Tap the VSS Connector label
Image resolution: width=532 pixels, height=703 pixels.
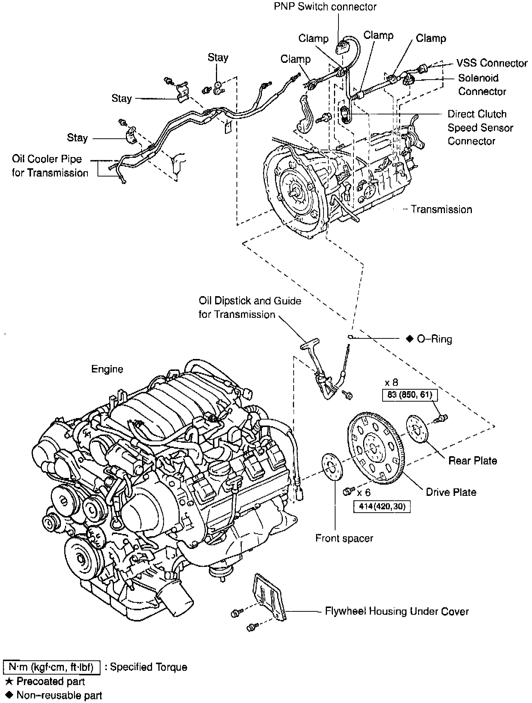[x=492, y=63]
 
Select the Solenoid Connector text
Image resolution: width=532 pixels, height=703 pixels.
[x=482, y=85]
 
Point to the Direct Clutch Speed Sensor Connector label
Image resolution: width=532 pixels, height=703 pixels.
[x=480, y=128]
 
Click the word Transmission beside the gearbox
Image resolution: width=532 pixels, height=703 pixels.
[x=441, y=209]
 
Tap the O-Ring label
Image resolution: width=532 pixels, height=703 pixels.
[x=434, y=339]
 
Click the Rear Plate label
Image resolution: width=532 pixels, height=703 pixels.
[x=473, y=461]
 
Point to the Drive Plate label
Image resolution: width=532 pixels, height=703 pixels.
[x=451, y=492]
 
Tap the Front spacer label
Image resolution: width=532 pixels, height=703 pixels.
[x=344, y=538]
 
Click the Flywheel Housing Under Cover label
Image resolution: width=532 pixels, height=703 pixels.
[x=397, y=611]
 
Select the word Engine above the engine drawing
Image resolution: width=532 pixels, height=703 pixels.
[x=107, y=369]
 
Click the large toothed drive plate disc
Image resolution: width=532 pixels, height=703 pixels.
[x=374, y=448]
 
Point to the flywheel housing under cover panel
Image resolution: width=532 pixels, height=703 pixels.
[x=268, y=595]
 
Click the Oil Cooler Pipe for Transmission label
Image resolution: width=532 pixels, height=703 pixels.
[x=50, y=166]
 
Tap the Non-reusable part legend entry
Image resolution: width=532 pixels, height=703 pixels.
[x=59, y=696]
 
